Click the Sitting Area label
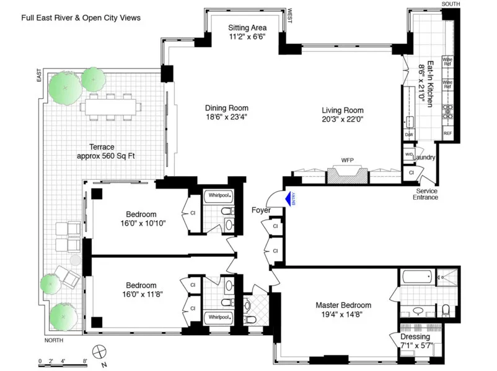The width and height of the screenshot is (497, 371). click(x=247, y=28)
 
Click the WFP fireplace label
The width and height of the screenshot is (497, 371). click(x=347, y=160)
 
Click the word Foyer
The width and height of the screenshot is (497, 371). click(x=261, y=210)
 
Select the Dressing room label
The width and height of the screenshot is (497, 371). click(x=415, y=337)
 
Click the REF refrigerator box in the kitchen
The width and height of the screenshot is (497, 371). click(x=447, y=134)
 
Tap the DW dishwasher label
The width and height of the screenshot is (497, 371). click(x=408, y=134)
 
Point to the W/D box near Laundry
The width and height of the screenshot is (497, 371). click(x=408, y=155)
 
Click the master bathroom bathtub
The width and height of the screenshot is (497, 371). click(x=415, y=277)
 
